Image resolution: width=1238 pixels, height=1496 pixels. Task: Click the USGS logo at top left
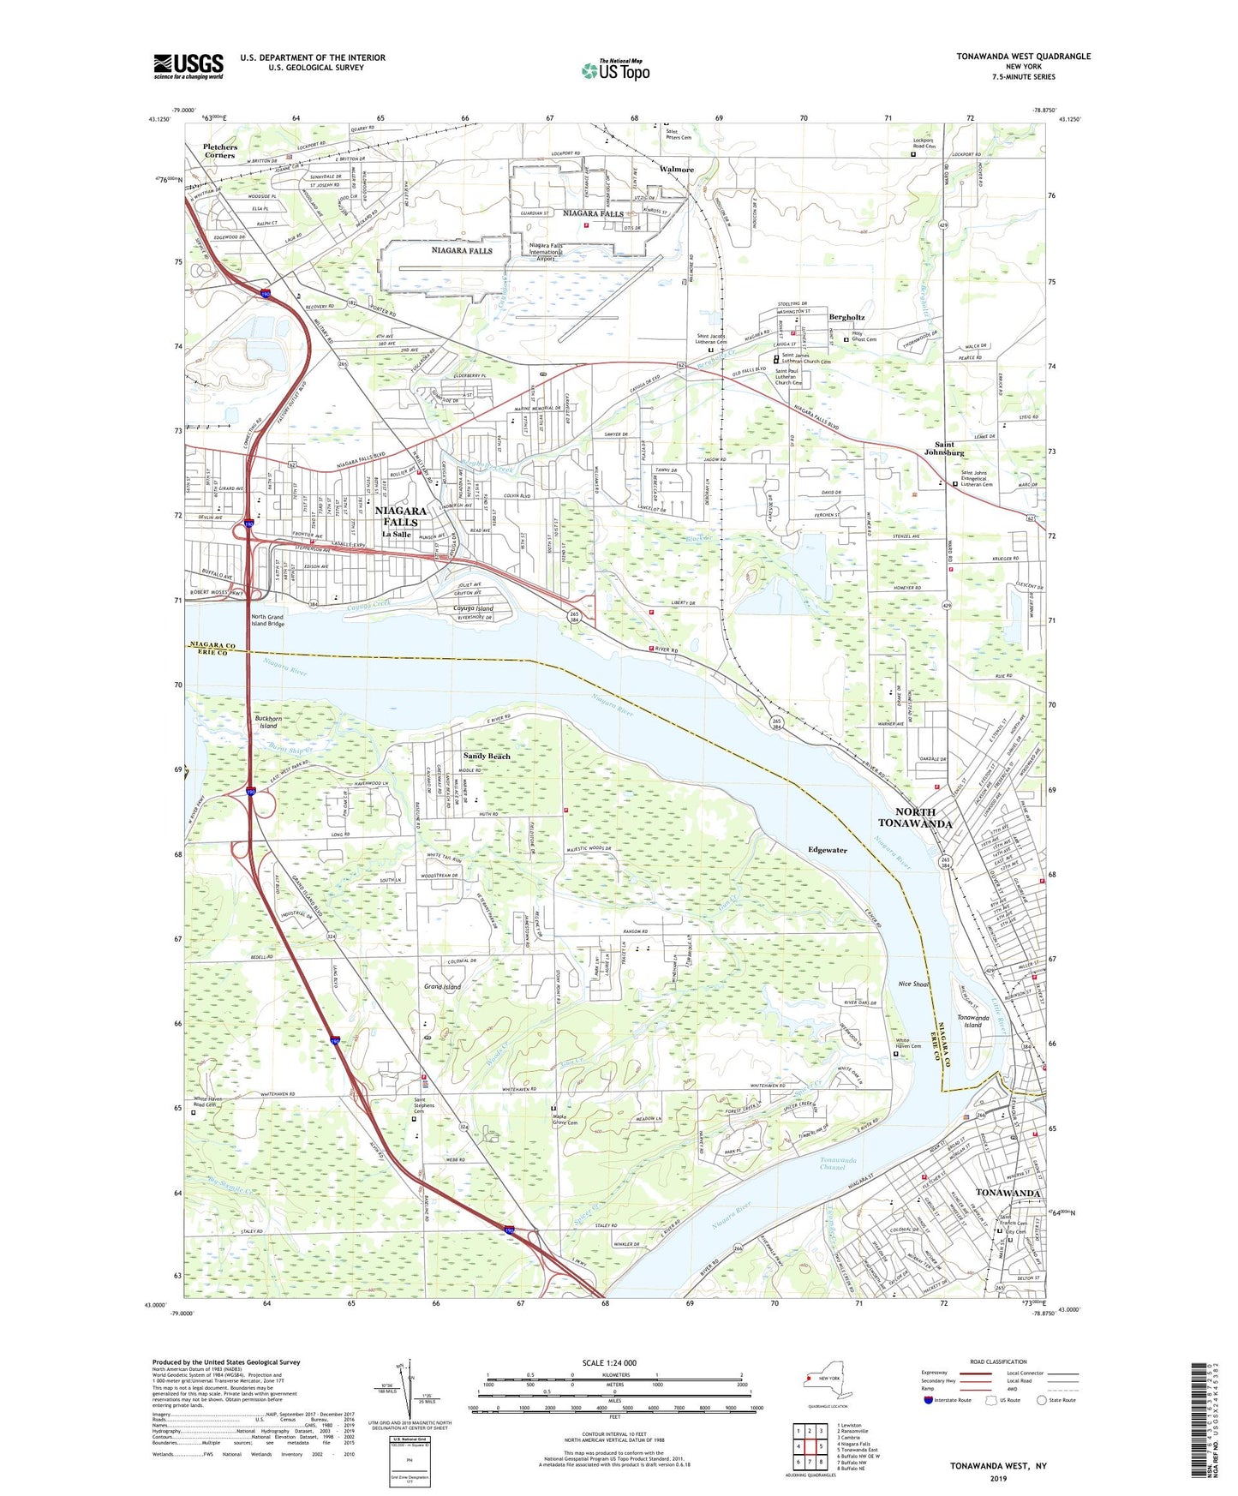pos(188,66)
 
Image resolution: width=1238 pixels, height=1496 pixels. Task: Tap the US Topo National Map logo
pos(615,70)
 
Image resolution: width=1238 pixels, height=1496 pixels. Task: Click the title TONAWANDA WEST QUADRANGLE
pos(1023,57)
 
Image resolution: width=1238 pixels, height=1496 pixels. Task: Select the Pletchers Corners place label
pos(220,151)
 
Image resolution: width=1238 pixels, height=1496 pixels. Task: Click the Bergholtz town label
pos(846,317)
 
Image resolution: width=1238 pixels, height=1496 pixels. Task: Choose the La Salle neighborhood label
pos(397,534)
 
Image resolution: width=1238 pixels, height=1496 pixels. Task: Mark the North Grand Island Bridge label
pos(267,620)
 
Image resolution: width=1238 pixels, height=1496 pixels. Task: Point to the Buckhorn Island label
pos(268,721)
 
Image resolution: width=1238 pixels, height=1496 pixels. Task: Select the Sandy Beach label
pos(487,756)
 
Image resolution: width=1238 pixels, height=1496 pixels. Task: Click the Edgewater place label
pos(827,850)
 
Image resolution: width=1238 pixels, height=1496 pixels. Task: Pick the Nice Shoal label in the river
pos(914,984)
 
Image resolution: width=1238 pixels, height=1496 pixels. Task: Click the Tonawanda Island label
pos(972,1021)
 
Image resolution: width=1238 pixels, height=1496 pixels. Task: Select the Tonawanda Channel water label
pos(832,1164)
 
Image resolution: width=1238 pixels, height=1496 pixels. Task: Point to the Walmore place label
pos(677,170)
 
